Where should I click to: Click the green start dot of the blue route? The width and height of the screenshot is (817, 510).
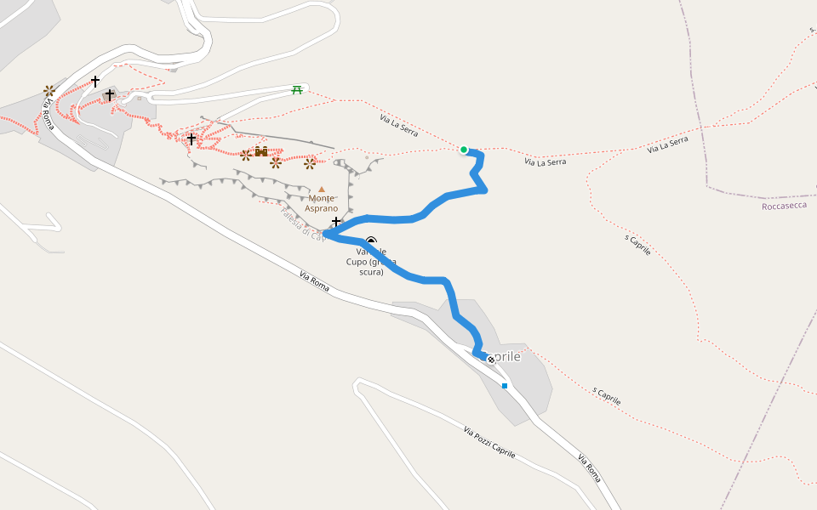(464, 150)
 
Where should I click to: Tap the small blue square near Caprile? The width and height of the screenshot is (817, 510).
(505, 386)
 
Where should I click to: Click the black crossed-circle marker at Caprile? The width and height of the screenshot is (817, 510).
(491, 360)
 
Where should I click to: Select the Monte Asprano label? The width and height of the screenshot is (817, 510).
(322, 203)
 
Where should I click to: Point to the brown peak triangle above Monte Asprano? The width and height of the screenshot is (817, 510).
(322, 190)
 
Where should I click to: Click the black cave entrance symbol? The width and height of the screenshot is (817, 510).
(371, 241)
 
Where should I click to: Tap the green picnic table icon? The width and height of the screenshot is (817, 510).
(297, 90)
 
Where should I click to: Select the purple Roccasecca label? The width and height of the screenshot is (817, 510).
(784, 206)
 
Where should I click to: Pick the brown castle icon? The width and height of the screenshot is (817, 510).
(261, 152)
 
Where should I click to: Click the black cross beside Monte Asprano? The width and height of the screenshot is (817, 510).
(337, 221)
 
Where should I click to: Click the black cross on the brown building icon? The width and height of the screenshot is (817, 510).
(110, 95)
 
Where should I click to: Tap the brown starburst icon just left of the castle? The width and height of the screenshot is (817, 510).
(246, 155)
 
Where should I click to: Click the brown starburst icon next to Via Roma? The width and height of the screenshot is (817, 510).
(49, 90)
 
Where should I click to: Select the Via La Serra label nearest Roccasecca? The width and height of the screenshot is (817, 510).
(667, 146)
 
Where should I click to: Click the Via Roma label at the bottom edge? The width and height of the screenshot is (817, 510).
(590, 469)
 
